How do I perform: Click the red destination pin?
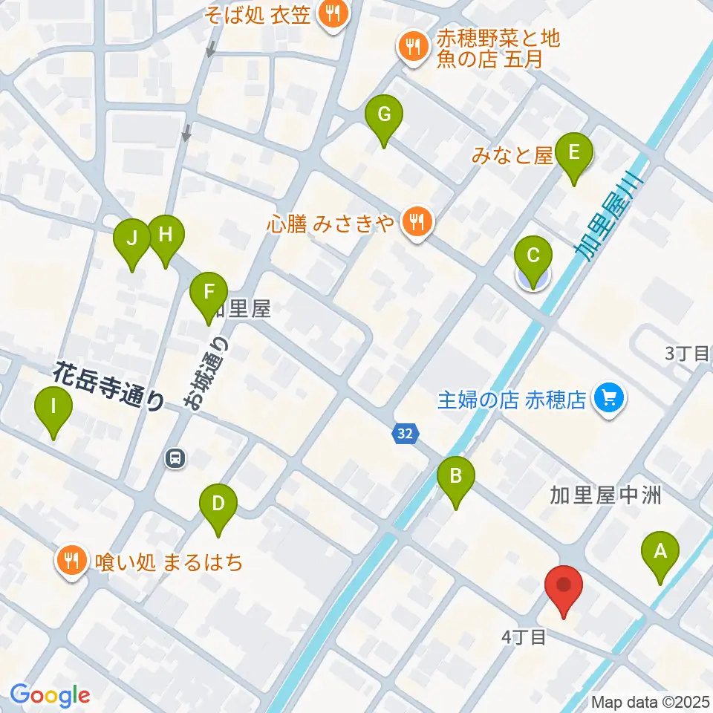click(x=564, y=587)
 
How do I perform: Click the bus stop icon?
click(x=175, y=459)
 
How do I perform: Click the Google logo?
click(x=50, y=695)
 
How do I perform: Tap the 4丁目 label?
click(x=524, y=637)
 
